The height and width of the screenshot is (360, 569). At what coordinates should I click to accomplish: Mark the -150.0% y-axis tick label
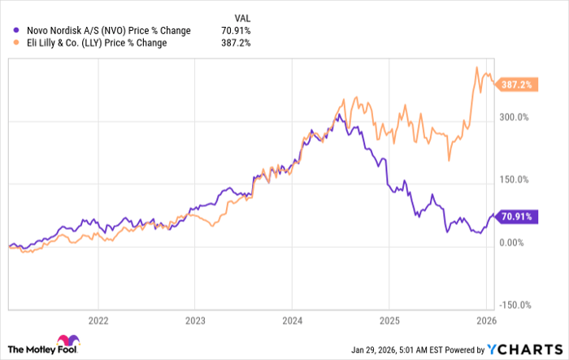pyautogui.click(x=512, y=306)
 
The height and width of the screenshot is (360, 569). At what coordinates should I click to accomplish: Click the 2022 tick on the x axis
pyautogui.click(x=98, y=319)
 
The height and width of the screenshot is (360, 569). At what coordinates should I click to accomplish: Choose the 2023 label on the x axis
pyautogui.click(x=195, y=319)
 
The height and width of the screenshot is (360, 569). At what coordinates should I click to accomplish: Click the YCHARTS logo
pyautogui.click(x=524, y=348)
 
